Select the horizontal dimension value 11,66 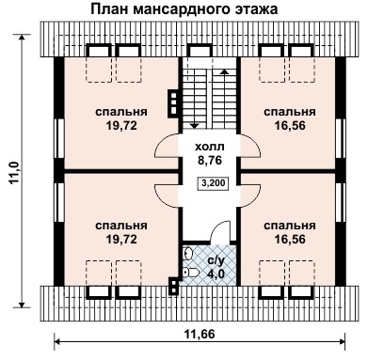(200, 333)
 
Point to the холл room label (209, 148)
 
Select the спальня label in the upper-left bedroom (120, 112)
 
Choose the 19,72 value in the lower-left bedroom (120, 240)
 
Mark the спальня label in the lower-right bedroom (289, 227)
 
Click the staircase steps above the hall (209, 98)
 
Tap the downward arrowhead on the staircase (195, 123)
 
